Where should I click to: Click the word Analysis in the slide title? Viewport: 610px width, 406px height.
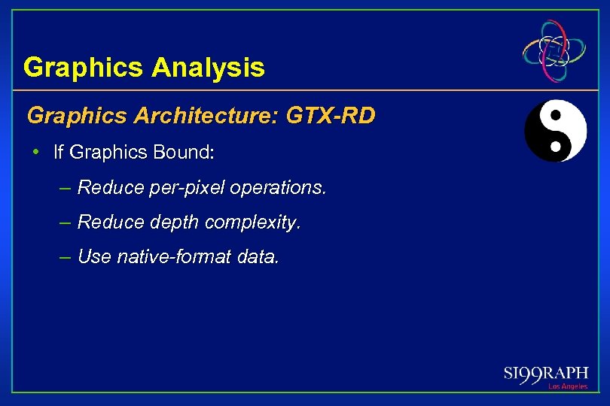(208, 68)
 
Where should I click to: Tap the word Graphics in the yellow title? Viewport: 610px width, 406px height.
(84, 68)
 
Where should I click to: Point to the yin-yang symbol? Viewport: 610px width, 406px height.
(555, 131)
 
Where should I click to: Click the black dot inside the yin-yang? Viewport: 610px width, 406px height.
(556, 117)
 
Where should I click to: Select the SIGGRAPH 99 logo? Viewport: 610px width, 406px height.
(546, 373)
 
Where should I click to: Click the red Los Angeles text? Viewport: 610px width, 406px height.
(568, 386)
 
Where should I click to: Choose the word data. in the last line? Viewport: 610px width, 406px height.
(258, 257)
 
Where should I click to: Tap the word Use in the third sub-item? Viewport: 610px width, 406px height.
(94, 257)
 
